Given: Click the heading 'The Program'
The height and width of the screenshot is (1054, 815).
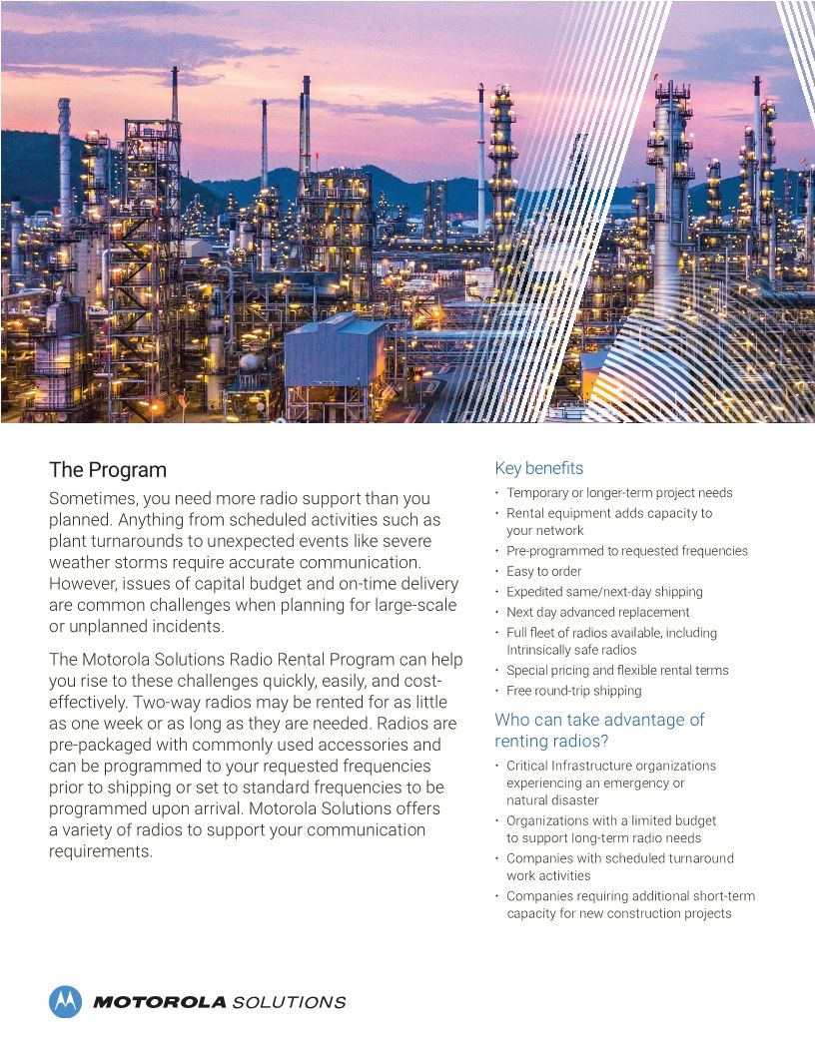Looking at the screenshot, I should pyautogui.click(x=108, y=469).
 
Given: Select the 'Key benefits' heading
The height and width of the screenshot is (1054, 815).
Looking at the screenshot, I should pyautogui.click(x=538, y=468).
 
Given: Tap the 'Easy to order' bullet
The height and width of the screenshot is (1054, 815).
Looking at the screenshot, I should pyautogui.click(x=543, y=571).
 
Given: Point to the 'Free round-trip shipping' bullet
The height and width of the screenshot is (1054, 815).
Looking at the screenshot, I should pyautogui.click(x=573, y=691).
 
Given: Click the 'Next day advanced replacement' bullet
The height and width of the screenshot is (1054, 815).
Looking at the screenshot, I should pyautogui.click(x=597, y=612).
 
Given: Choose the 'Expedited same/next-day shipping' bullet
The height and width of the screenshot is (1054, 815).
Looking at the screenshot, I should pyautogui.click(x=604, y=592).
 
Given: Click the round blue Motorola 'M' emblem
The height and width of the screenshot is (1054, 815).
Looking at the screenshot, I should pyautogui.click(x=65, y=1001).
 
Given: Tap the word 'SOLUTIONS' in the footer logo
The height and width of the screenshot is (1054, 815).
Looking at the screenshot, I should pyautogui.click(x=289, y=1002).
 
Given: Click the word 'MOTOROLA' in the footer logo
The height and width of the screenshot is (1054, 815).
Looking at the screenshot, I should pyautogui.click(x=160, y=1002).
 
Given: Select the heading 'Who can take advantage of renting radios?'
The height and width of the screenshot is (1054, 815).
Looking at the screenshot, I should pyautogui.click(x=599, y=730).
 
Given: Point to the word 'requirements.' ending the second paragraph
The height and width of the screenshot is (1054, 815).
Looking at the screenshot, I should pyautogui.click(x=101, y=851).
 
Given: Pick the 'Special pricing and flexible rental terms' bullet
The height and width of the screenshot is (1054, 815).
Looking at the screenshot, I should pyautogui.click(x=617, y=671).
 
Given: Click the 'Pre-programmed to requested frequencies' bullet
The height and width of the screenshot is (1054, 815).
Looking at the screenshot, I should pyautogui.click(x=626, y=551).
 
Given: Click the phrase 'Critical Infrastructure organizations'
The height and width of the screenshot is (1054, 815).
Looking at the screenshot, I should pyautogui.click(x=610, y=766).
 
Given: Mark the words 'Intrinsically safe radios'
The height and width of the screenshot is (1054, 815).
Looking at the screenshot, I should pyautogui.click(x=570, y=650).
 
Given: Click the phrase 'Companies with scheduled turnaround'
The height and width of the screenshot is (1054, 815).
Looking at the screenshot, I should pyautogui.click(x=619, y=858).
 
